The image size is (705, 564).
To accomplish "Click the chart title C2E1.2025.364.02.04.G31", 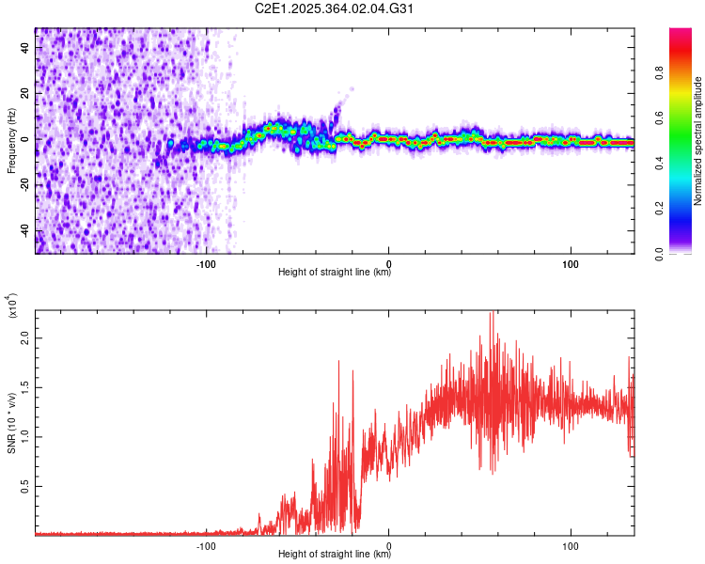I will pyautogui.click(x=335, y=8).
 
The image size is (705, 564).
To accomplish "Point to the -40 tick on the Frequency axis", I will pyautogui.click(x=23, y=231).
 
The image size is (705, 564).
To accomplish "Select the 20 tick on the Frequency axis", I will pyautogui.click(x=23, y=93).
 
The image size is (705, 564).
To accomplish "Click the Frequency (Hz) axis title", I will pyautogui.click(x=10, y=141).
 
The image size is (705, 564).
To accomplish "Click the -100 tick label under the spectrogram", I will pyautogui.click(x=207, y=262).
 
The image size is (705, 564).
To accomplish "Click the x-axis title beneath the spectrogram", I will pyautogui.click(x=335, y=273).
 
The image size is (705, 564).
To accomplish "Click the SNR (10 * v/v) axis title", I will pyautogui.click(x=10, y=423).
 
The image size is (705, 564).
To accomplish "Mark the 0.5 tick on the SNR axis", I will pyautogui.click(x=23, y=486).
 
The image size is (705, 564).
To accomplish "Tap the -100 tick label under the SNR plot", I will pyautogui.click(x=207, y=544).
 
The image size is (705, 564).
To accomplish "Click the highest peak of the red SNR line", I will pyautogui.click(x=492, y=313).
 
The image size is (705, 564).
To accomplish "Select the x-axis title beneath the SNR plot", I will pyautogui.click(x=335, y=555).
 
